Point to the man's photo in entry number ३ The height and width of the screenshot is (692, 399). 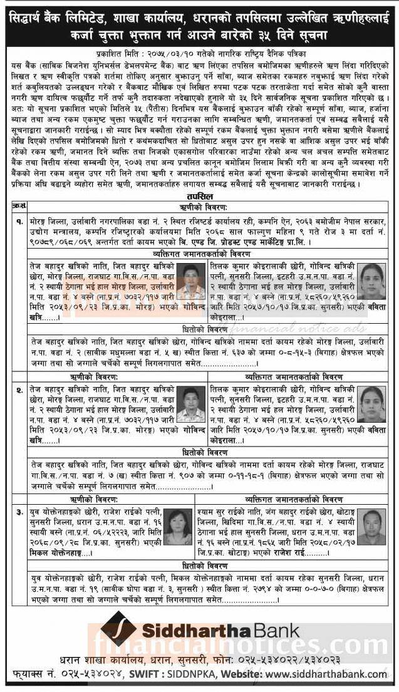point(374,524)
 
